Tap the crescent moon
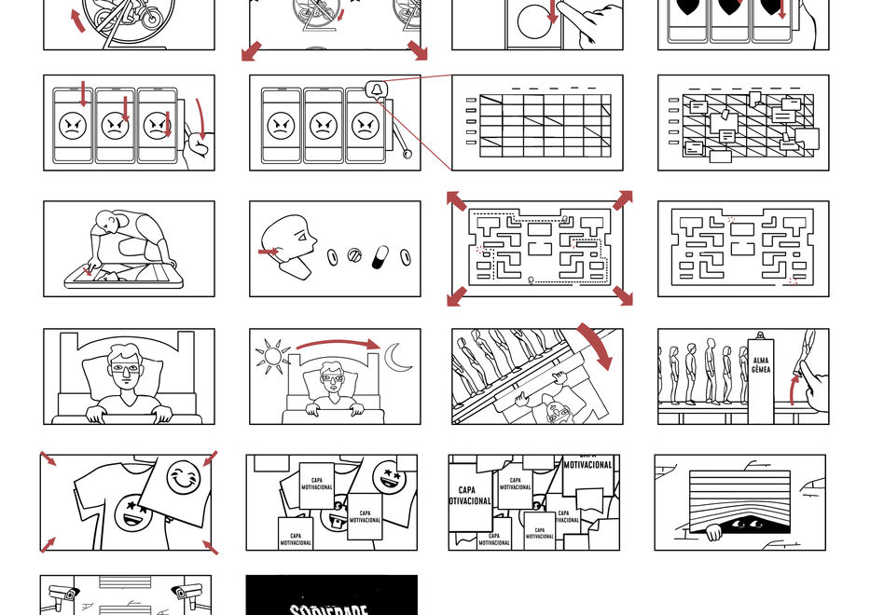(400, 356)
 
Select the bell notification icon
(377, 89)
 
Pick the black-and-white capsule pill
(380, 256)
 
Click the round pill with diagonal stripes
(354, 254)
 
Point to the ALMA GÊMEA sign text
(761, 364)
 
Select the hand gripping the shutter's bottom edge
(712, 533)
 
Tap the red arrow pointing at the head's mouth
(269, 251)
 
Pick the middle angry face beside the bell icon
(323, 125)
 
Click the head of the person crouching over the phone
(111, 224)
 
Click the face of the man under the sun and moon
(331, 377)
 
